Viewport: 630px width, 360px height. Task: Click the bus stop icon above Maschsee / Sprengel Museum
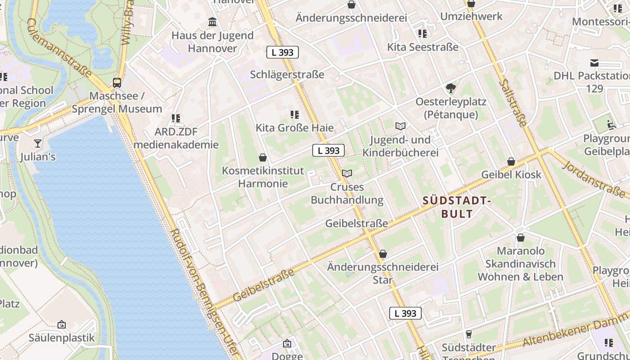coord(117,82)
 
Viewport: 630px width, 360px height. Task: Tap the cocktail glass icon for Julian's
coord(38,144)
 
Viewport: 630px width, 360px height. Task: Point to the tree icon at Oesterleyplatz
coord(450,88)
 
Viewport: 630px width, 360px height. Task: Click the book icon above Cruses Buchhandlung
coord(347,173)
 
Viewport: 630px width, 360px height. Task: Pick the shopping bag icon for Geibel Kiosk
coord(511,161)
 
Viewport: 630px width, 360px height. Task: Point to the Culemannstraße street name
coord(59,48)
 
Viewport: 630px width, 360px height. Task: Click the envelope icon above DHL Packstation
coord(594,63)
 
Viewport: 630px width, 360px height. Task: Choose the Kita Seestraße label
coord(423,47)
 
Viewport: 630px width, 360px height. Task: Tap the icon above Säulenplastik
coord(62,324)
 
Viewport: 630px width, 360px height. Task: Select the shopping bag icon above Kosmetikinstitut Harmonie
coord(263,157)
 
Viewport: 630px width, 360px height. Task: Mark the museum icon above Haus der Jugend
coord(212,22)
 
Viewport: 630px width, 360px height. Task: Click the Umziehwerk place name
coord(471,17)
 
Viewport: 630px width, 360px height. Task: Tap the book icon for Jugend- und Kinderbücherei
coord(400,126)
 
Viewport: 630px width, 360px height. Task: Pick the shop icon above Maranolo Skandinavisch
coord(521,238)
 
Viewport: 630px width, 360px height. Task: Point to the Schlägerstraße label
coord(287,74)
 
